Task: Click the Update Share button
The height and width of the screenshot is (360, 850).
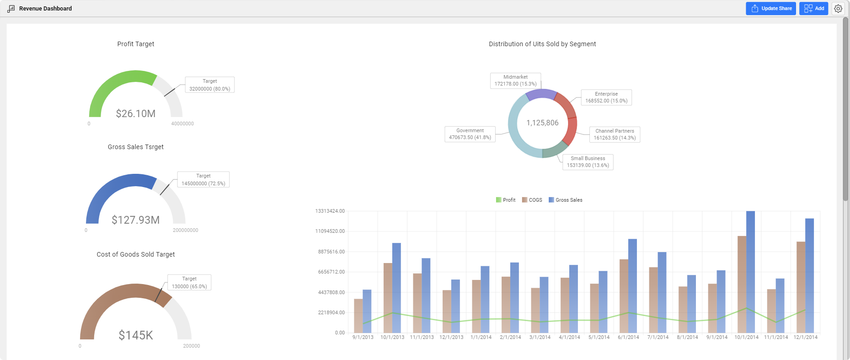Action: tap(771, 8)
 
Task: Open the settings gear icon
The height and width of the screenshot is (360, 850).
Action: tap(838, 8)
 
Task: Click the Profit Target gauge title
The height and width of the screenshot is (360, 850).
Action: tap(136, 44)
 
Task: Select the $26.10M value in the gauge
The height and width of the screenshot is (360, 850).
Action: tap(136, 113)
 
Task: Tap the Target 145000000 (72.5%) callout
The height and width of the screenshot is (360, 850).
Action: tap(203, 179)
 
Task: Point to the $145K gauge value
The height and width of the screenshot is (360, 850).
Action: tap(136, 335)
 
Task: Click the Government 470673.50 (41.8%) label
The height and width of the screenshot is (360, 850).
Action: tap(470, 134)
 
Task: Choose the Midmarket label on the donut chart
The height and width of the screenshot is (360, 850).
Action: tap(515, 81)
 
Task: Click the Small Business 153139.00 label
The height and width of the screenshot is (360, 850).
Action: tap(588, 162)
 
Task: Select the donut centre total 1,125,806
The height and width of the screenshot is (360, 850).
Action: tap(542, 123)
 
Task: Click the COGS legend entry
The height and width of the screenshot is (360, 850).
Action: tap(532, 200)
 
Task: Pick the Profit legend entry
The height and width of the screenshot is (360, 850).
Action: tap(506, 200)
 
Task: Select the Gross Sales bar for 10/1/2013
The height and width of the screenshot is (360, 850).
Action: tap(396, 288)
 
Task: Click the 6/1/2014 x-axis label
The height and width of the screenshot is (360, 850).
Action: tap(628, 337)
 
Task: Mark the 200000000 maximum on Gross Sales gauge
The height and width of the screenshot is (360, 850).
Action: tap(185, 230)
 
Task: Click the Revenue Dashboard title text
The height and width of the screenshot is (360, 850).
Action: tap(45, 8)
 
